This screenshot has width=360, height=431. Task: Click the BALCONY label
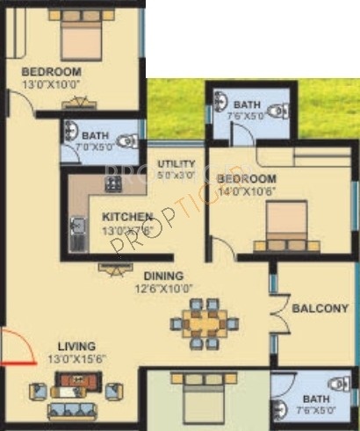(x=320, y=309)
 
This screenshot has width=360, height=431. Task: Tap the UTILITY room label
(x=176, y=164)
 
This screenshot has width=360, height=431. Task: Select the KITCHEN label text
(x=127, y=217)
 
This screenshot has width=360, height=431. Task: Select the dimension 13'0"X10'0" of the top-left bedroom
(x=51, y=85)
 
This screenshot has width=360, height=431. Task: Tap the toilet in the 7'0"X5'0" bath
(x=126, y=139)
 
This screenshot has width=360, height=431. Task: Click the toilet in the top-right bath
(x=277, y=111)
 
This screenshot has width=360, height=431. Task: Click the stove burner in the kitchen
(x=113, y=184)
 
